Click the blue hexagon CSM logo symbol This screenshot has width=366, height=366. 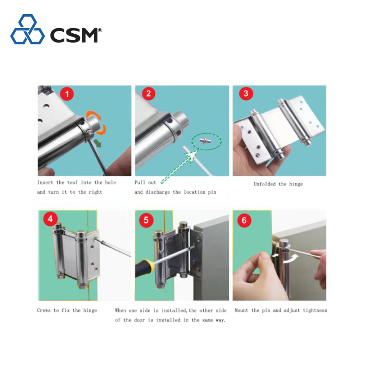(x=28, y=30)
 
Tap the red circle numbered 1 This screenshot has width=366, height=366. (x=67, y=94)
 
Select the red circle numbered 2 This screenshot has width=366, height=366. (x=148, y=93)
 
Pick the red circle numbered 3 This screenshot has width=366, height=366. (x=246, y=93)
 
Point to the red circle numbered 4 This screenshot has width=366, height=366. (x=50, y=219)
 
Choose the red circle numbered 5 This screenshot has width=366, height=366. (x=146, y=220)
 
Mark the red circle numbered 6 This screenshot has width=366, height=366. (x=244, y=220)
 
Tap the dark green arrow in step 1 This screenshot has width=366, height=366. (x=97, y=143)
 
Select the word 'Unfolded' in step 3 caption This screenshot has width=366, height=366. (x=265, y=184)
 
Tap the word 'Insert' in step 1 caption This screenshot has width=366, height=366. (x=45, y=183)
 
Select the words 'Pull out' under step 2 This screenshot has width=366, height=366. (x=145, y=183)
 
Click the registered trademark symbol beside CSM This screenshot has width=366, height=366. (x=100, y=30)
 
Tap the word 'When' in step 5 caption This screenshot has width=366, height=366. (x=120, y=311)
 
